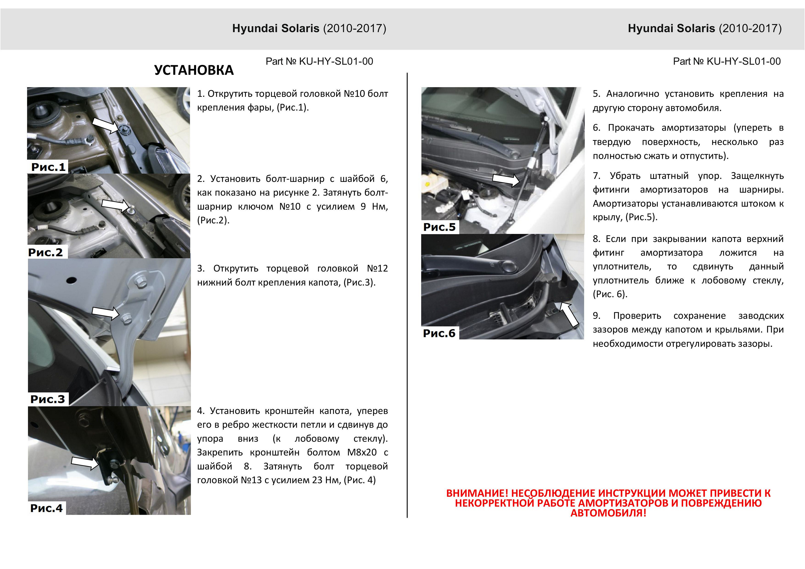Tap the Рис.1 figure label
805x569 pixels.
coord(48,167)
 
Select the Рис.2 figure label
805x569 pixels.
coord(46,252)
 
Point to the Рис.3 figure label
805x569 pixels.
coord(48,399)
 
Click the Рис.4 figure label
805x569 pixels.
coord(47,508)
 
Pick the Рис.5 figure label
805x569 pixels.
coord(439,227)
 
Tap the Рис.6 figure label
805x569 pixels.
coord(439,333)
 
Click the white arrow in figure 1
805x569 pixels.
coord(105,125)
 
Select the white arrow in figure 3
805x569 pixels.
coord(105,313)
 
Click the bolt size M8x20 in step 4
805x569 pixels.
coord(362,452)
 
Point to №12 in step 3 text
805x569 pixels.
coord(377,269)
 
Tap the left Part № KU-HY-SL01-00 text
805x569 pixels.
coord(319,61)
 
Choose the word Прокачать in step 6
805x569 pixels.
coord(631,128)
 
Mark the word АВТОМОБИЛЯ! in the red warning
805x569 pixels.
coord(608,513)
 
